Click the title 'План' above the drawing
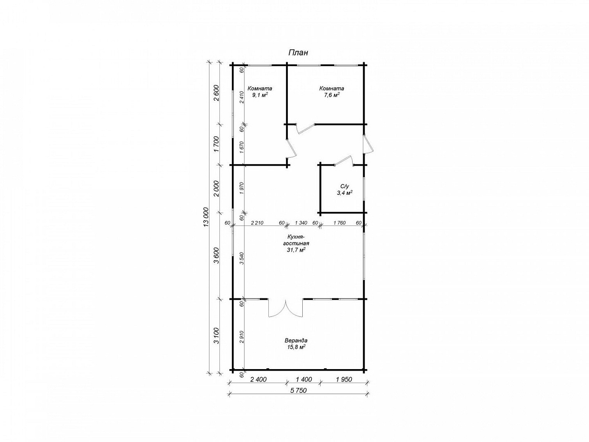[x=298, y=53]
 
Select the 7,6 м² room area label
[x=332, y=92]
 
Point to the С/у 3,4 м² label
[x=344, y=189]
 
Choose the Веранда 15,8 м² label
[x=296, y=344]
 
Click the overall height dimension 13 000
[x=206, y=217]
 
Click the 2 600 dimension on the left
[x=217, y=93]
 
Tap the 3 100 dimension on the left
[x=217, y=335]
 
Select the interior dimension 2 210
[x=257, y=223]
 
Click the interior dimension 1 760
[x=339, y=223]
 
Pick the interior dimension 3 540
[x=242, y=258]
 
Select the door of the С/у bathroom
[x=344, y=161]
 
